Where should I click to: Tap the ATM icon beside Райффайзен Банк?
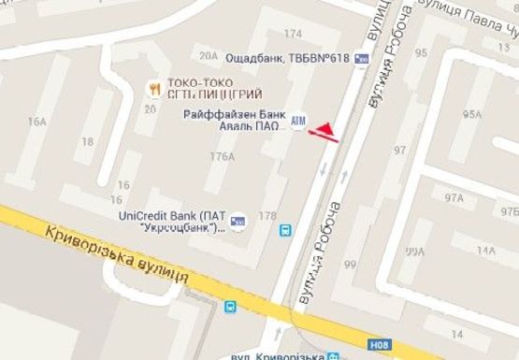[298, 122]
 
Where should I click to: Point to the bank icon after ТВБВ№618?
[362, 59]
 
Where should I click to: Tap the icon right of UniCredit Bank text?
[238, 221]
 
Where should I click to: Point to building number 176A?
[223, 156]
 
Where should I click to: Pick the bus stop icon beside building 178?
[285, 227]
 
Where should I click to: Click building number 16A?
[37, 122]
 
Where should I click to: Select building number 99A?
[414, 251]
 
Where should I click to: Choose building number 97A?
[454, 198]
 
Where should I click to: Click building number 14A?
[486, 251]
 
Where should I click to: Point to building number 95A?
[471, 115]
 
